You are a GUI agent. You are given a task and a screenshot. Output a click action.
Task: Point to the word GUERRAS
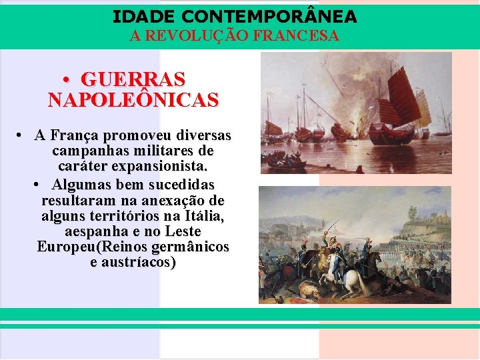tap(133, 80)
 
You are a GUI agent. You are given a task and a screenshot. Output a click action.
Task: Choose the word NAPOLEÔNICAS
tap(133, 101)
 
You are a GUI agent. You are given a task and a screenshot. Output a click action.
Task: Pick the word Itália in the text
tap(203, 216)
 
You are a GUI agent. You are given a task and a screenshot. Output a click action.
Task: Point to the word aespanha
tap(93, 232)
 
